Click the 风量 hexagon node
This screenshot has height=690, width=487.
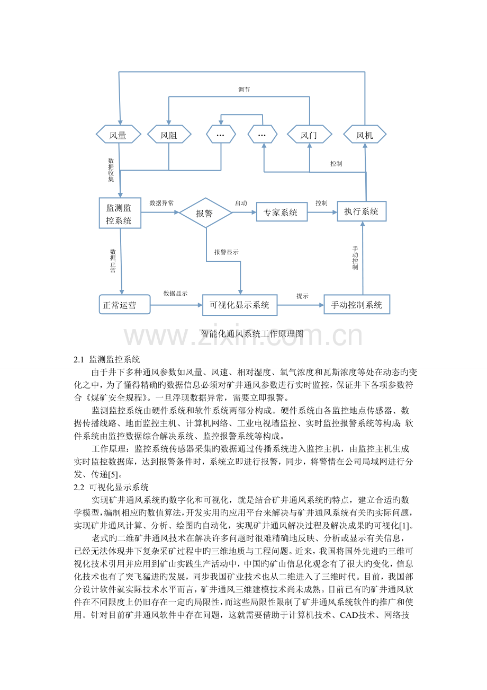(119, 134)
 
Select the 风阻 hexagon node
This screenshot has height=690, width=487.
(169, 134)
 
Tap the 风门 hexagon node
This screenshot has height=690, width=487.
(310, 134)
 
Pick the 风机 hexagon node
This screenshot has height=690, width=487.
(365, 134)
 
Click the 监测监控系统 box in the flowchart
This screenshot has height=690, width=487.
(120, 213)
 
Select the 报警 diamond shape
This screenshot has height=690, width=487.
(205, 213)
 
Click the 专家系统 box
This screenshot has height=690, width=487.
(282, 211)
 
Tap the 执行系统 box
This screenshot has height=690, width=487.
(362, 211)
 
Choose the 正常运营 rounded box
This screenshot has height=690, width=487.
(124, 304)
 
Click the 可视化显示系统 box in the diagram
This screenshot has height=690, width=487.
(240, 305)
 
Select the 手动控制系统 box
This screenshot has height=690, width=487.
(357, 304)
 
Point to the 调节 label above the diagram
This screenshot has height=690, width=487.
(244, 90)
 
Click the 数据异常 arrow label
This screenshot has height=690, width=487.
(161, 203)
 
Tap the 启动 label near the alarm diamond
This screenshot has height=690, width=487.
(241, 203)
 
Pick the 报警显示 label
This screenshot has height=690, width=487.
(227, 252)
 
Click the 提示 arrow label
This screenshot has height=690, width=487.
(302, 296)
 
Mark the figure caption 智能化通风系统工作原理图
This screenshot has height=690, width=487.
(252, 333)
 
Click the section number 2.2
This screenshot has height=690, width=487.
(79, 488)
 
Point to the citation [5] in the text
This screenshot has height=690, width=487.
(113, 474)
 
